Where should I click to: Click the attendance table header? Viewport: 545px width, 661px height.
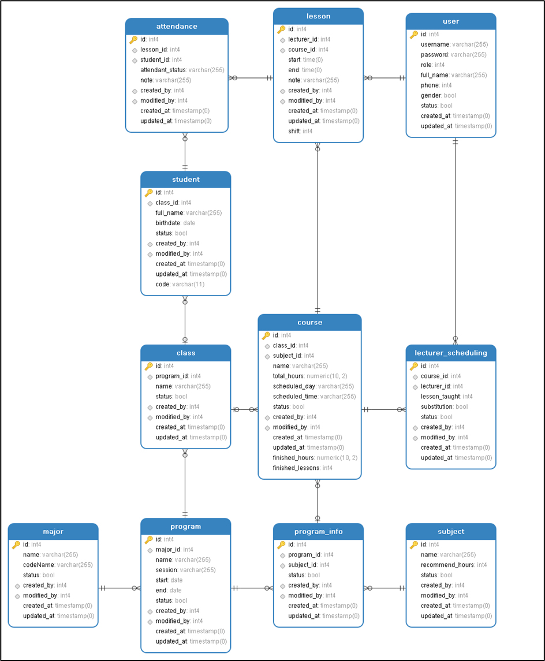177,27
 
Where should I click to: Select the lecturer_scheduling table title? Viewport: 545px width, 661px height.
451,353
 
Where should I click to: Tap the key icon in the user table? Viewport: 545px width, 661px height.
414,35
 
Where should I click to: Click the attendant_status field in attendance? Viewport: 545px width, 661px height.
162,70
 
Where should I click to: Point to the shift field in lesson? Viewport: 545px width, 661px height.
294,132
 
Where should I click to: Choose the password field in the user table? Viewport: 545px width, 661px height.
435,55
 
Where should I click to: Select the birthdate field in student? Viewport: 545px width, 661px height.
168,223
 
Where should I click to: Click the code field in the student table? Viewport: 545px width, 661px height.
163,285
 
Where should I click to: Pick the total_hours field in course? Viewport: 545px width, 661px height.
288,376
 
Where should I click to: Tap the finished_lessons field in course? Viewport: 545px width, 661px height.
296,468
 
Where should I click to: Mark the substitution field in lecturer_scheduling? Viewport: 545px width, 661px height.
436,407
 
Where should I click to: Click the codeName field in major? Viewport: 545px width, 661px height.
38,565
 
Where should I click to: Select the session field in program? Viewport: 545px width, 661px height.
167,570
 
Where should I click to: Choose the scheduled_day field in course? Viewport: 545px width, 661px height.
294,387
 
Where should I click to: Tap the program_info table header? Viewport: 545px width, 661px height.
318,532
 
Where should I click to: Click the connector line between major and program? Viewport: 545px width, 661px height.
120,588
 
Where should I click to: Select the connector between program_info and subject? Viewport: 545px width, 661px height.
385,588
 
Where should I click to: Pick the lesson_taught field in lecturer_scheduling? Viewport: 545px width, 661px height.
441,397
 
